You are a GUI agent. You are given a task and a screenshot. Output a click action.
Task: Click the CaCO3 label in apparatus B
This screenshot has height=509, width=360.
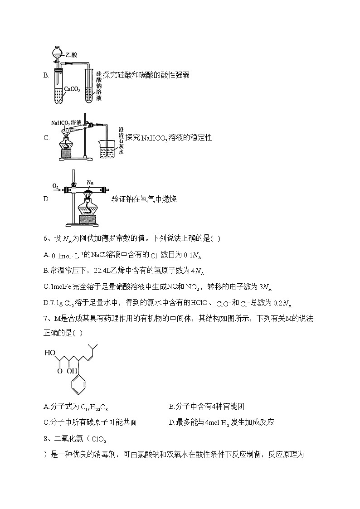tap(72, 90)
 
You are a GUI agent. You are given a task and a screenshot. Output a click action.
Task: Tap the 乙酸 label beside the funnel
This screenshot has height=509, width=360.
tap(71, 54)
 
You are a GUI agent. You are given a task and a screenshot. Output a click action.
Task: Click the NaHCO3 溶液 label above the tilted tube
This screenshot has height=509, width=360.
tap(66, 122)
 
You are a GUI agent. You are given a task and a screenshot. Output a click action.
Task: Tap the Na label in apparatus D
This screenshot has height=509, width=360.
tap(90, 183)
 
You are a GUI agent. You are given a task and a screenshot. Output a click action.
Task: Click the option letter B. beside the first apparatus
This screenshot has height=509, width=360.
tap(46, 75)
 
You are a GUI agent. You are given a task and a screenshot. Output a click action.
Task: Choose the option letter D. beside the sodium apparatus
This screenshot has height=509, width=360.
tap(46, 199)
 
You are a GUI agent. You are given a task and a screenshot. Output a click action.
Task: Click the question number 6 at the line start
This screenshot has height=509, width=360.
tap(45, 239)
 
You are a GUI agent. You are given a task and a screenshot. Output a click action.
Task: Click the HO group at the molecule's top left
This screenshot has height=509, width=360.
tap(50, 352)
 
